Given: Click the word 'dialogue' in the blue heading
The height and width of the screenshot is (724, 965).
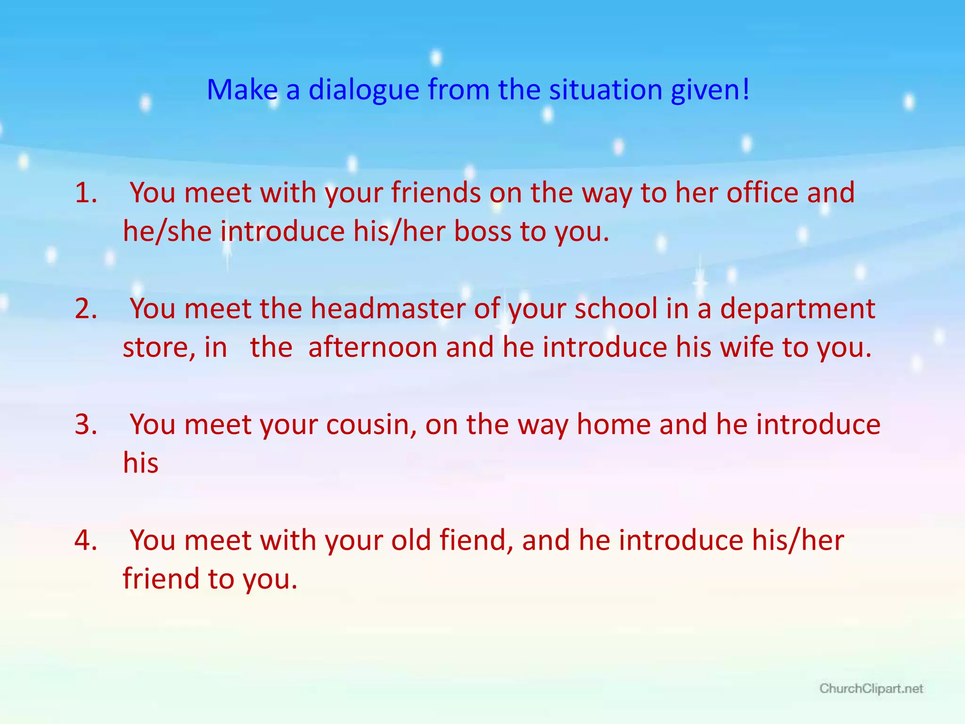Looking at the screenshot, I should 363,90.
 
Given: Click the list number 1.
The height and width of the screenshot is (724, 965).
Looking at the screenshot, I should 86,193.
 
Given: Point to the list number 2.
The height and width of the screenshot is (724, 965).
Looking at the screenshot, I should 86,309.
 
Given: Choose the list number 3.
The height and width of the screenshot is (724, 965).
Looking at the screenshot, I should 86,424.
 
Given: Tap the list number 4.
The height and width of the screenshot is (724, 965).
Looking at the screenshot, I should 86,540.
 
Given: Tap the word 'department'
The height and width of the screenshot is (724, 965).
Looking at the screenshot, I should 797,309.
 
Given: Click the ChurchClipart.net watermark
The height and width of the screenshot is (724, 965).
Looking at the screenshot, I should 871,689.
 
